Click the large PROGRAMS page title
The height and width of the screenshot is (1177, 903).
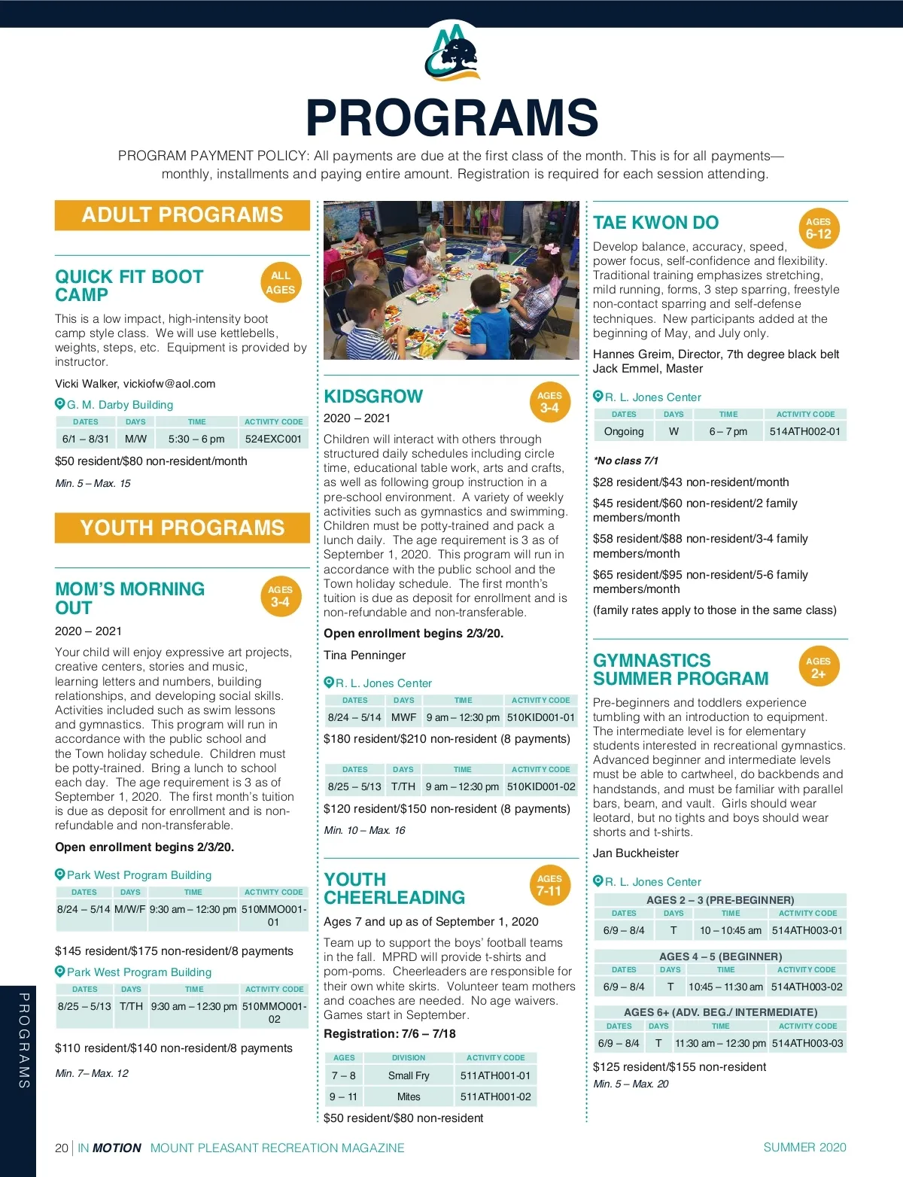tap(451, 118)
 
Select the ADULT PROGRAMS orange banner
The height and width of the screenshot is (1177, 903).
tap(182, 215)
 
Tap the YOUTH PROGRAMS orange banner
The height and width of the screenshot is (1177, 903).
tap(182, 528)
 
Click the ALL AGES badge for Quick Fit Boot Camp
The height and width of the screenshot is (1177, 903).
tap(281, 282)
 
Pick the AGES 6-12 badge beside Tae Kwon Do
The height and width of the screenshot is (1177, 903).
tap(818, 228)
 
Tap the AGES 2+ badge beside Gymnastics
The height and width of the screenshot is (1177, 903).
tap(818, 668)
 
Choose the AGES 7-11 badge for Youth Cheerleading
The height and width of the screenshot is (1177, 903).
tap(549, 885)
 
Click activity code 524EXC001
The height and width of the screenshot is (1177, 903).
tap(273, 439)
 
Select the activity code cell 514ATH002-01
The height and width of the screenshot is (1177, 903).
tap(805, 431)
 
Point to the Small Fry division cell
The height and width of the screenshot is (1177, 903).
tap(409, 1075)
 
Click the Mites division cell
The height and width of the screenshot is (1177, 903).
tap(409, 1096)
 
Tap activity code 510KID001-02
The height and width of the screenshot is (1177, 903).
tap(541, 786)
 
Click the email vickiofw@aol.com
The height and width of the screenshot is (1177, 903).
tap(169, 384)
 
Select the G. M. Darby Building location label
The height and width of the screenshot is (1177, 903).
tap(120, 405)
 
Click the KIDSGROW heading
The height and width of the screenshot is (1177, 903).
tap(373, 397)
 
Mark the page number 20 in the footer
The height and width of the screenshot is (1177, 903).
tap(62, 1148)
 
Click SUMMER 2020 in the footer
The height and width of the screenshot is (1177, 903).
tap(804, 1147)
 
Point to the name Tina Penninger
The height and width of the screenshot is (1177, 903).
tap(364, 655)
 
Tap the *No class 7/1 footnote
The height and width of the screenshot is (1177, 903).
tap(625, 461)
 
